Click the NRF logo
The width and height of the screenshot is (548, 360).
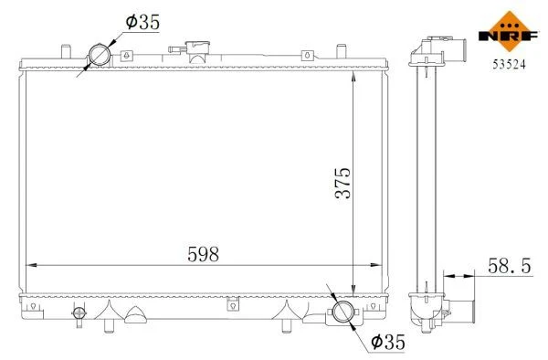tap(509, 32)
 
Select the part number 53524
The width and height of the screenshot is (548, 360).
tap(509, 64)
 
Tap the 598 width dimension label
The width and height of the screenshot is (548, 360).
tap(204, 254)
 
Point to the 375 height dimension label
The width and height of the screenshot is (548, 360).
tap(342, 183)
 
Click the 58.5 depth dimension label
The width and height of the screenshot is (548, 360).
tap(510, 266)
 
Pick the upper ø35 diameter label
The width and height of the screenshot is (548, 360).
tap(142, 22)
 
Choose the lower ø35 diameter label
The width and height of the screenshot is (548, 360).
tap(388, 342)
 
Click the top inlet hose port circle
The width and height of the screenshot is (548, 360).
tap(100, 55)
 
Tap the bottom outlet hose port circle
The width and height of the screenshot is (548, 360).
tap(342, 312)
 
